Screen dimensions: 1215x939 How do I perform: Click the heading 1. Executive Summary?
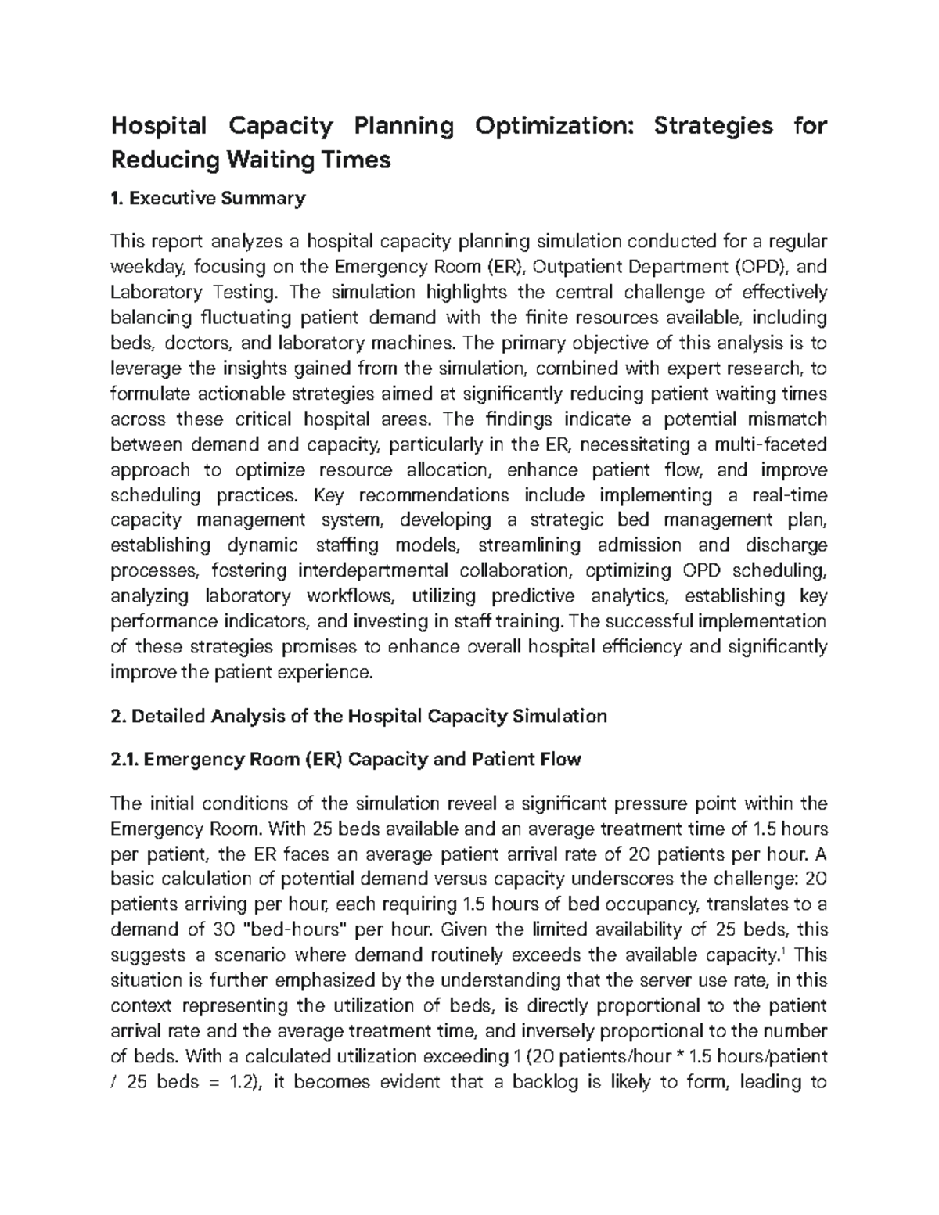tap(208, 199)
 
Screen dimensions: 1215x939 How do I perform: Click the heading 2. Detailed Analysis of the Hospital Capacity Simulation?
tap(360, 716)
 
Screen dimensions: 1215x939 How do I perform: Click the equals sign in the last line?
tap(209, 1082)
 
